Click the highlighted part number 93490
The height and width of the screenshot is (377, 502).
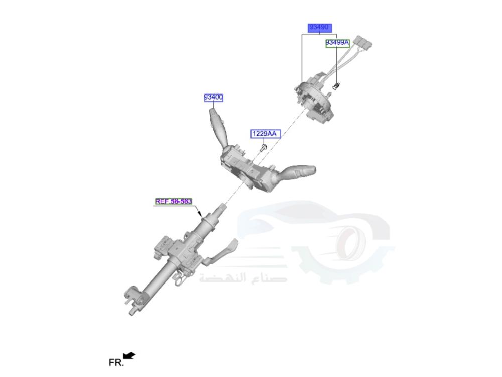tap(319, 27)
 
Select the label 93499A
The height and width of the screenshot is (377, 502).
tap(337, 43)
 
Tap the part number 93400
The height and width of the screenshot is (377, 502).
tap(213, 97)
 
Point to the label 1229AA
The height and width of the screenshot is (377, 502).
tap(264, 134)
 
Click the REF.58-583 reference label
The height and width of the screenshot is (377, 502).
tap(173, 201)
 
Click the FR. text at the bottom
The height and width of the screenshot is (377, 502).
tap(115, 362)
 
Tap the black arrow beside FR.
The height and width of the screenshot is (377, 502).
tap(129, 356)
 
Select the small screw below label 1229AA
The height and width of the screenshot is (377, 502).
tap(264, 147)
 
